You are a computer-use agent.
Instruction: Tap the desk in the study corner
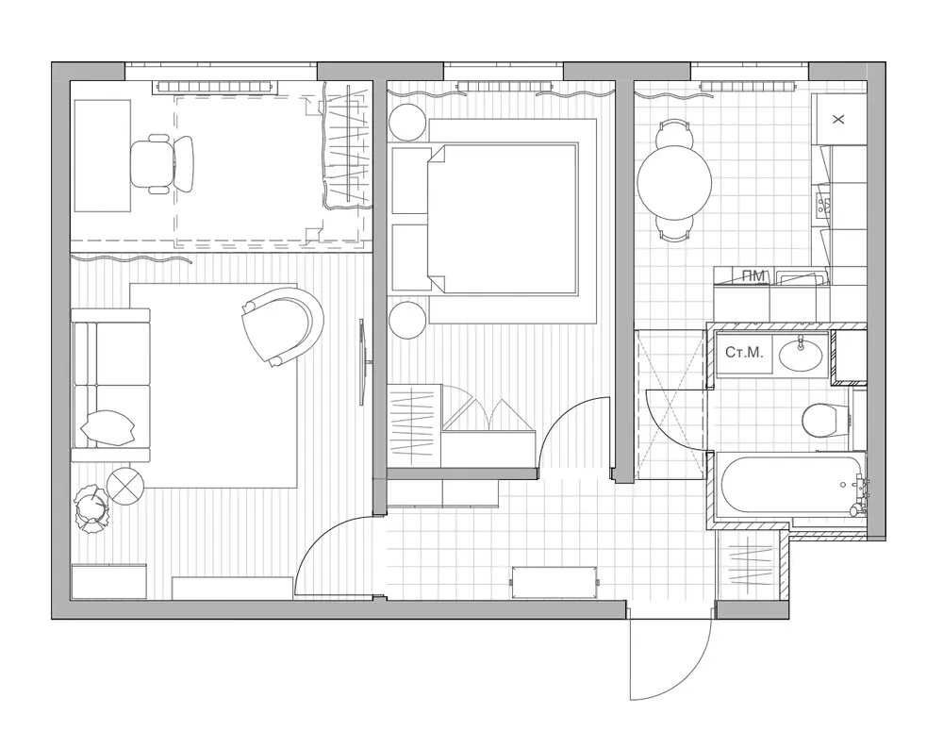pyautogui.click(x=102, y=156)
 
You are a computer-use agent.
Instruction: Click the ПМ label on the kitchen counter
pyautogui.click(x=753, y=275)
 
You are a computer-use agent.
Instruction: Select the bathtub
pyautogui.click(x=790, y=485)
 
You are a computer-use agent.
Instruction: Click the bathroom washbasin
pyautogui.click(x=801, y=355)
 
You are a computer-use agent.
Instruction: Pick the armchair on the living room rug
pyautogui.click(x=280, y=325)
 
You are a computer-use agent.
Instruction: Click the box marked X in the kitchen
pyautogui.click(x=839, y=119)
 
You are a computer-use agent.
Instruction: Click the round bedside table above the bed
pyautogui.click(x=408, y=124)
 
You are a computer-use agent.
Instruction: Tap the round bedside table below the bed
pyautogui.click(x=408, y=320)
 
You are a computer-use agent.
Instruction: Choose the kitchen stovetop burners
pyautogui.click(x=823, y=204)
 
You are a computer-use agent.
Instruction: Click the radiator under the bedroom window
pyautogui.click(x=504, y=86)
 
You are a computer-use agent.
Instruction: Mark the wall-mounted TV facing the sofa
pyautogui.click(x=363, y=362)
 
